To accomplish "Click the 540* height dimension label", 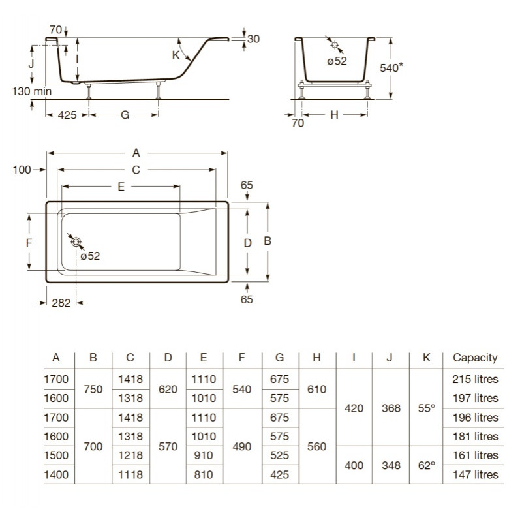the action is pyautogui.click(x=391, y=68).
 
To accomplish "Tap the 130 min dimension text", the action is pyautogui.click(x=32, y=91).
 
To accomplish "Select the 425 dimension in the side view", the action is pyautogui.click(x=67, y=115).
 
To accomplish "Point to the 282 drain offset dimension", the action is pyautogui.click(x=61, y=303).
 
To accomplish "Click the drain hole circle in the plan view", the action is pyautogui.click(x=76, y=242).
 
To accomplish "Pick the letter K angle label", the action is pyautogui.click(x=176, y=55).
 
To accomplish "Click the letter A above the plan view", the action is pyautogui.click(x=136, y=153).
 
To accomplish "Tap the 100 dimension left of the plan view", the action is pyautogui.click(x=22, y=170).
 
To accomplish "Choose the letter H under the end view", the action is pyautogui.click(x=334, y=115).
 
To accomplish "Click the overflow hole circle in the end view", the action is pyautogui.click(x=335, y=45).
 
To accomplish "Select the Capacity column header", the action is pyautogui.click(x=475, y=358).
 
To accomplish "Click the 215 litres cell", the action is pyautogui.click(x=475, y=379).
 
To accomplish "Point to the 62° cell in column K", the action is pyautogui.click(x=427, y=465).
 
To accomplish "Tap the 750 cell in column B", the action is pyautogui.click(x=93, y=389).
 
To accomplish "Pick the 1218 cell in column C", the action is pyautogui.click(x=130, y=455).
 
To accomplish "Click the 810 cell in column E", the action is pyautogui.click(x=204, y=475).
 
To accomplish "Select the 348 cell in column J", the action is pyautogui.click(x=391, y=465).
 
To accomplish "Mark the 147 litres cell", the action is pyautogui.click(x=475, y=475).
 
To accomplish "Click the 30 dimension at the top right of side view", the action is pyautogui.click(x=253, y=39).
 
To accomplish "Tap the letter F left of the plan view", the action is pyautogui.click(x=29, y=243).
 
